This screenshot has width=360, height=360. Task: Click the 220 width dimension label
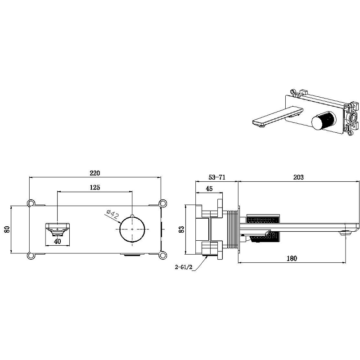[95, 173]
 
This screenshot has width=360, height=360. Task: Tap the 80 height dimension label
[7, 229]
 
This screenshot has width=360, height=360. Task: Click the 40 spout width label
[58, 242]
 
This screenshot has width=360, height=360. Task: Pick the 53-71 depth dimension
[217, 177]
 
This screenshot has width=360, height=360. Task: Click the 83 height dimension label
[181, 229]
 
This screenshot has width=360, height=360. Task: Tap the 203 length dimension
[298, 177]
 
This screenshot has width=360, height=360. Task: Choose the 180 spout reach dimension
[292, 258]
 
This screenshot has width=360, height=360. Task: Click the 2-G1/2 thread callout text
[184, 267]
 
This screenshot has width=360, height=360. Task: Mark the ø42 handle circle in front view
[132, 229]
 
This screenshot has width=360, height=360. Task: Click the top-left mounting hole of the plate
[30, 203]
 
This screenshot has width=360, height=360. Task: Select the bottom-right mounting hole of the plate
[162, 256]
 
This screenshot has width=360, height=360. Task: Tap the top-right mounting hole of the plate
[162, 203]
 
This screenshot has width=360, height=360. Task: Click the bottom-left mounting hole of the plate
[30, 256]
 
